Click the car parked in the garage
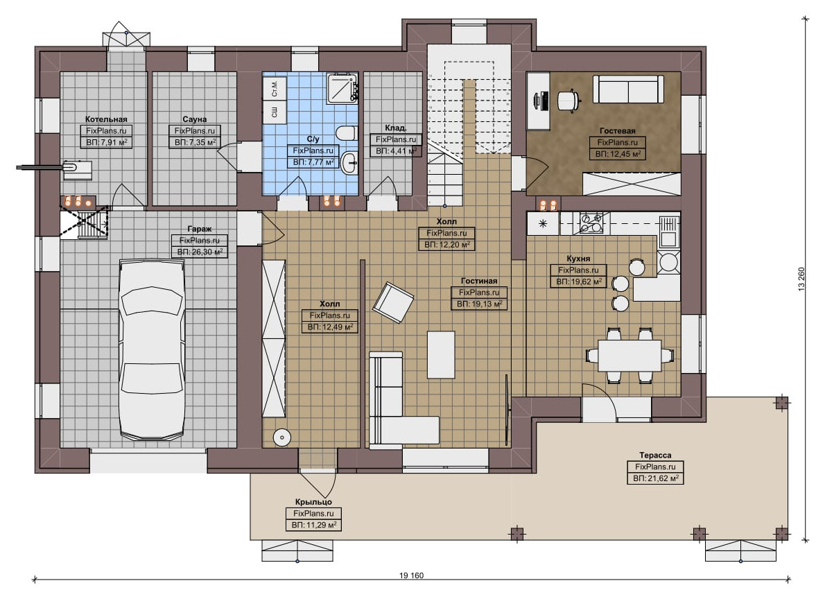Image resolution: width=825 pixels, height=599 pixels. (153, 349)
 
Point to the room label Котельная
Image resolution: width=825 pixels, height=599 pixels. (106, 119)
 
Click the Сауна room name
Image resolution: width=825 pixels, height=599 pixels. (195, 119)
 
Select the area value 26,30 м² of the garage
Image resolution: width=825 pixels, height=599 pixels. (200, 252)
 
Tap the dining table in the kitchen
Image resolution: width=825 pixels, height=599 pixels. (629, 356)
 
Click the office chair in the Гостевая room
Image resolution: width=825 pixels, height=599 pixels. (568, 100)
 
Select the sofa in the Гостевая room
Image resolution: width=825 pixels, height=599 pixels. (628, 89)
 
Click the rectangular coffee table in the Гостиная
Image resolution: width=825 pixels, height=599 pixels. (441, 354)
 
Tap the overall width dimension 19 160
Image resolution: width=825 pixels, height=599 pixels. (411, 575)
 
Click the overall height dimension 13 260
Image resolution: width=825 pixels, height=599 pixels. (802, 279)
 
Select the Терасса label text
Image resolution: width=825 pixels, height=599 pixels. (655, 455)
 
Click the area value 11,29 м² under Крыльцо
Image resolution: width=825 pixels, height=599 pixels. (314, 526)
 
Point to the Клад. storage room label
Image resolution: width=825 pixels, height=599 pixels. (396, 128)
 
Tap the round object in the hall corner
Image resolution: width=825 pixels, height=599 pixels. (283, 437)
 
